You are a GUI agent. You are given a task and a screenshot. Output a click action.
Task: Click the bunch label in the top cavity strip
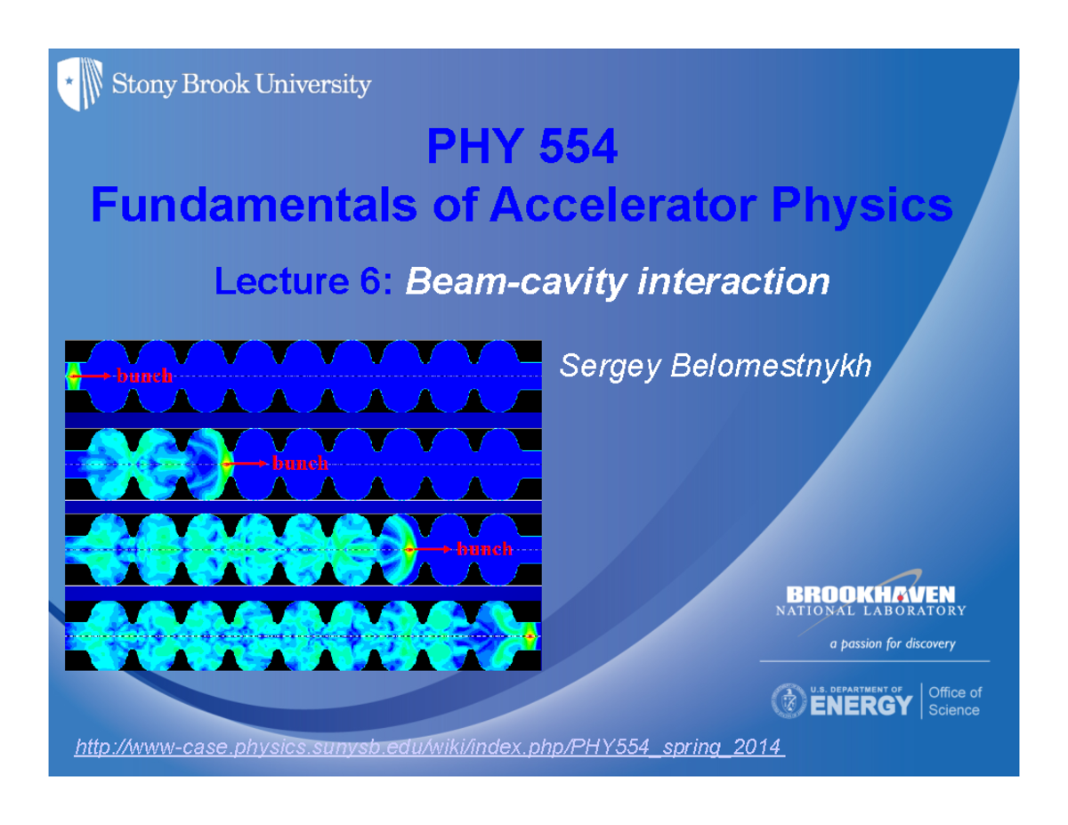coord(145,376)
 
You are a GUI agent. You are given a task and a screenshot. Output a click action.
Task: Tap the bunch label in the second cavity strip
coord(301,464)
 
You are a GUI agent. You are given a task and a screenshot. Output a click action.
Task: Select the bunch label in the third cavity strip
coord(485,549)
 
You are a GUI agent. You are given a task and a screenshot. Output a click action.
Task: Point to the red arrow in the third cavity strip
coord(432,549)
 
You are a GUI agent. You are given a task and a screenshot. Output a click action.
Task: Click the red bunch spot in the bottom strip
coord(531,636)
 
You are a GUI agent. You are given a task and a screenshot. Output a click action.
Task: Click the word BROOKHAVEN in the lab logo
coord(870,594)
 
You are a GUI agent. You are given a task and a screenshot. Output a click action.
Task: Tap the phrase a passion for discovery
coord(893,644)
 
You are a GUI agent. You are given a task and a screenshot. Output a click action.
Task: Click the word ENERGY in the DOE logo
coord(862,707)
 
